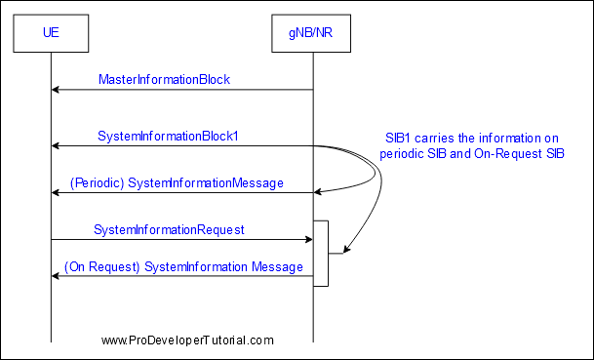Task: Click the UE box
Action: coord(51,33)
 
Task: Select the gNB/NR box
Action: coord(311,33)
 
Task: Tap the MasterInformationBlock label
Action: coord(164,80)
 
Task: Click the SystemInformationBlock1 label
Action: coord(168,136)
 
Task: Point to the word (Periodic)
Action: coord(98,183)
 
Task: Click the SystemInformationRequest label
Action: coord(169,230)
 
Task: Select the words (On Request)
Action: coord(102,267)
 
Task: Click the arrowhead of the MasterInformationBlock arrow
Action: coord(56,90)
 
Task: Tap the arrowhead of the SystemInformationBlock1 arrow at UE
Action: coord(56,146)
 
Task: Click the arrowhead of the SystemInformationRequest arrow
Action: coord(309,239)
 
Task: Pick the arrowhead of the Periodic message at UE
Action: coord(56,193)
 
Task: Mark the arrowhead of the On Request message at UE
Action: coord(56,276)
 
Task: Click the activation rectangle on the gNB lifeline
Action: coord(321,253)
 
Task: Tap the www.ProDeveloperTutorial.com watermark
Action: coord(187,340)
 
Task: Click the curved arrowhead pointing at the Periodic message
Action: coord(318,192)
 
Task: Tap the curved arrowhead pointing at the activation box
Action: coord(346,250)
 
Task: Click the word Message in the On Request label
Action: coord(277,267)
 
